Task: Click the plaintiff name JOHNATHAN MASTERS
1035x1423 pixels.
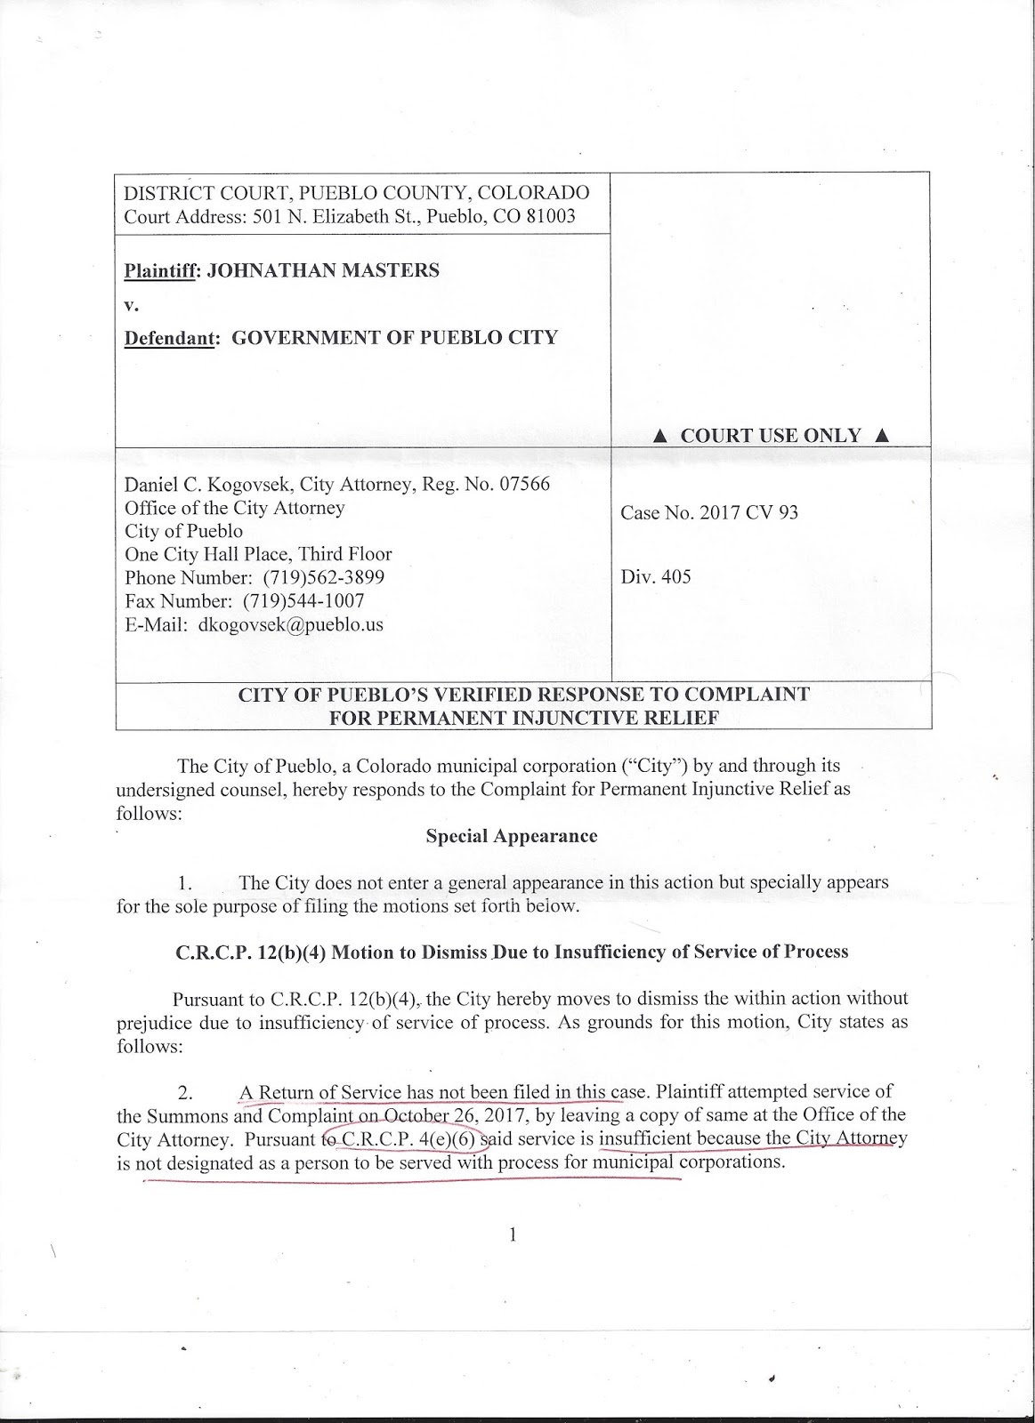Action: point(323,270)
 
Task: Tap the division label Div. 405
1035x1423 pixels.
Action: point(656,576)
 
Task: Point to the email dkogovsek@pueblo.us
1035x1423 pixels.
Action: point(291,624)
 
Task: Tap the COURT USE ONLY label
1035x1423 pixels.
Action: point(771,436)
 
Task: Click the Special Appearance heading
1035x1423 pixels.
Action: point(511,836)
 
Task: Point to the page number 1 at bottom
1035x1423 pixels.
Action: point(513,1234)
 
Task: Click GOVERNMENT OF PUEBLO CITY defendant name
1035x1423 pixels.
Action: point(388,338)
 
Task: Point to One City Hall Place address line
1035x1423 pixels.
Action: point(258,554)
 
